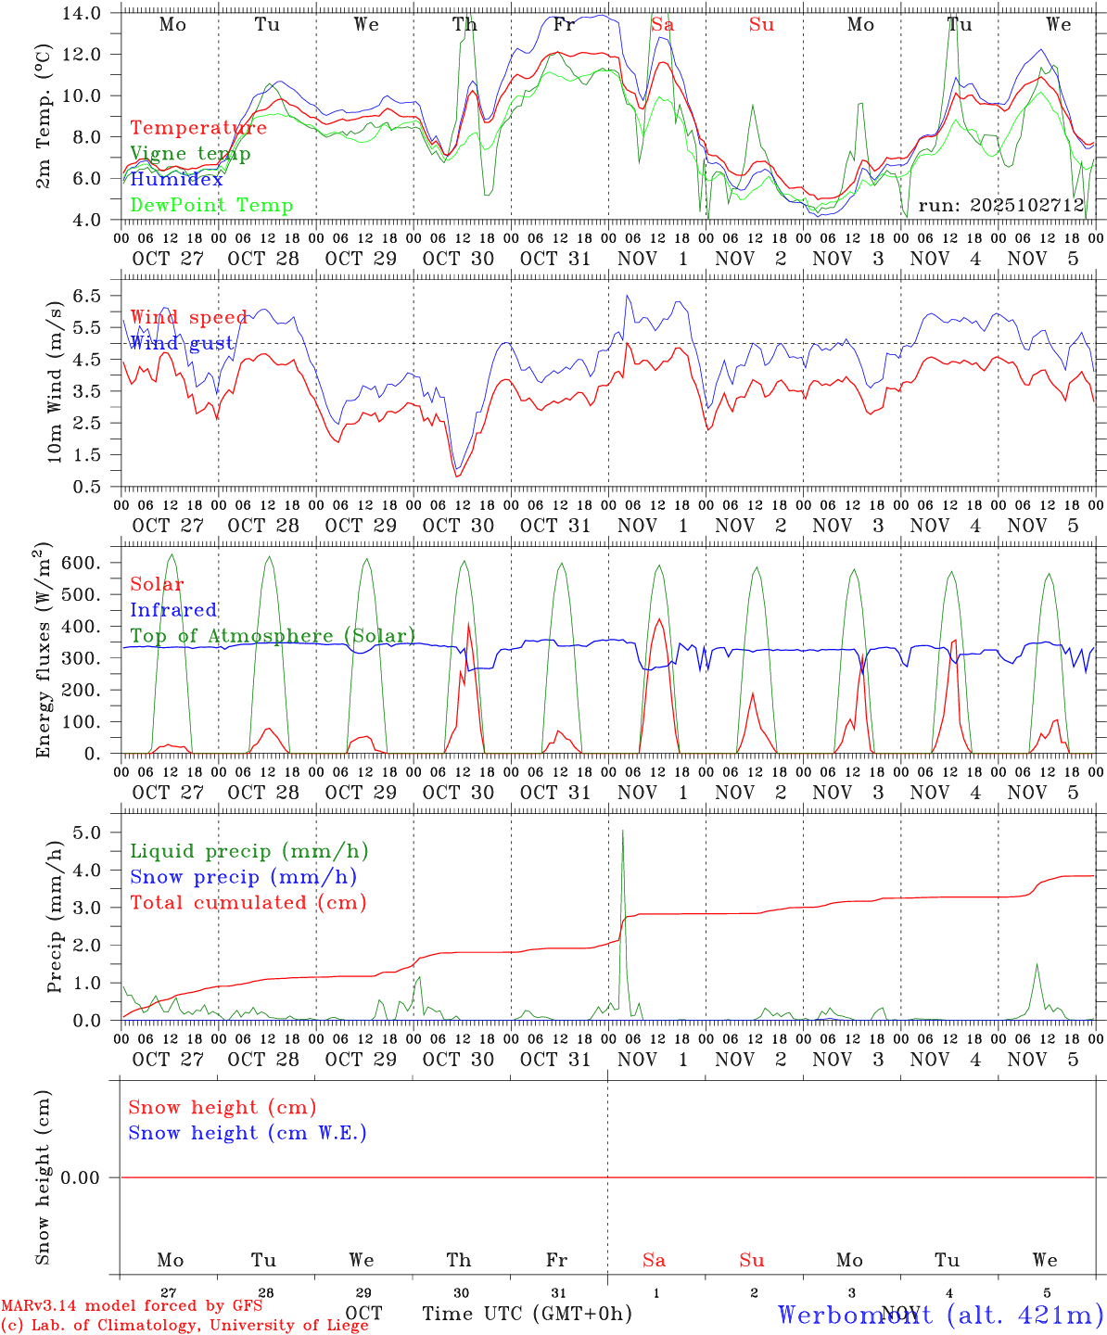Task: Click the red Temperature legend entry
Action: pyautogui.click(x=198, y=128)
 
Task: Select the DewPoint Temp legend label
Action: pyautogui.click(x=211, y=206)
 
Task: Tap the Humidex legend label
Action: pyautogui.click(x=176, y=180)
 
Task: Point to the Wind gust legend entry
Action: pyautogui.click(x=182, y=344)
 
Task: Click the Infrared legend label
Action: pyautogui.click(x=173, y=610)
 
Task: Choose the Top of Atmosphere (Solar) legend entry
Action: pyautogui.click(x=273, y=636)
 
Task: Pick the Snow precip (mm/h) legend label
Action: pyautogui.click(x=243, y=877)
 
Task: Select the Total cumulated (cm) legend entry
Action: pyautogui.click(x=248, y=903)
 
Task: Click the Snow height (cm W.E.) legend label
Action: pyautogui.click(x=247, y=1133)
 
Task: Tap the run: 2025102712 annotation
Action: pyautogui.click(x=1000, y=206)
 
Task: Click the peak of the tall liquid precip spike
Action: pyautogui.click(x=622, y=831)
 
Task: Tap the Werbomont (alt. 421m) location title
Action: pyautogui.click(x=940, y=1314)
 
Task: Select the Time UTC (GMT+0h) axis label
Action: pyautogui.click(x=527, y=1314)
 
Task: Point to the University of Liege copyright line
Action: pyautogui.click(x=184, y=1326)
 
